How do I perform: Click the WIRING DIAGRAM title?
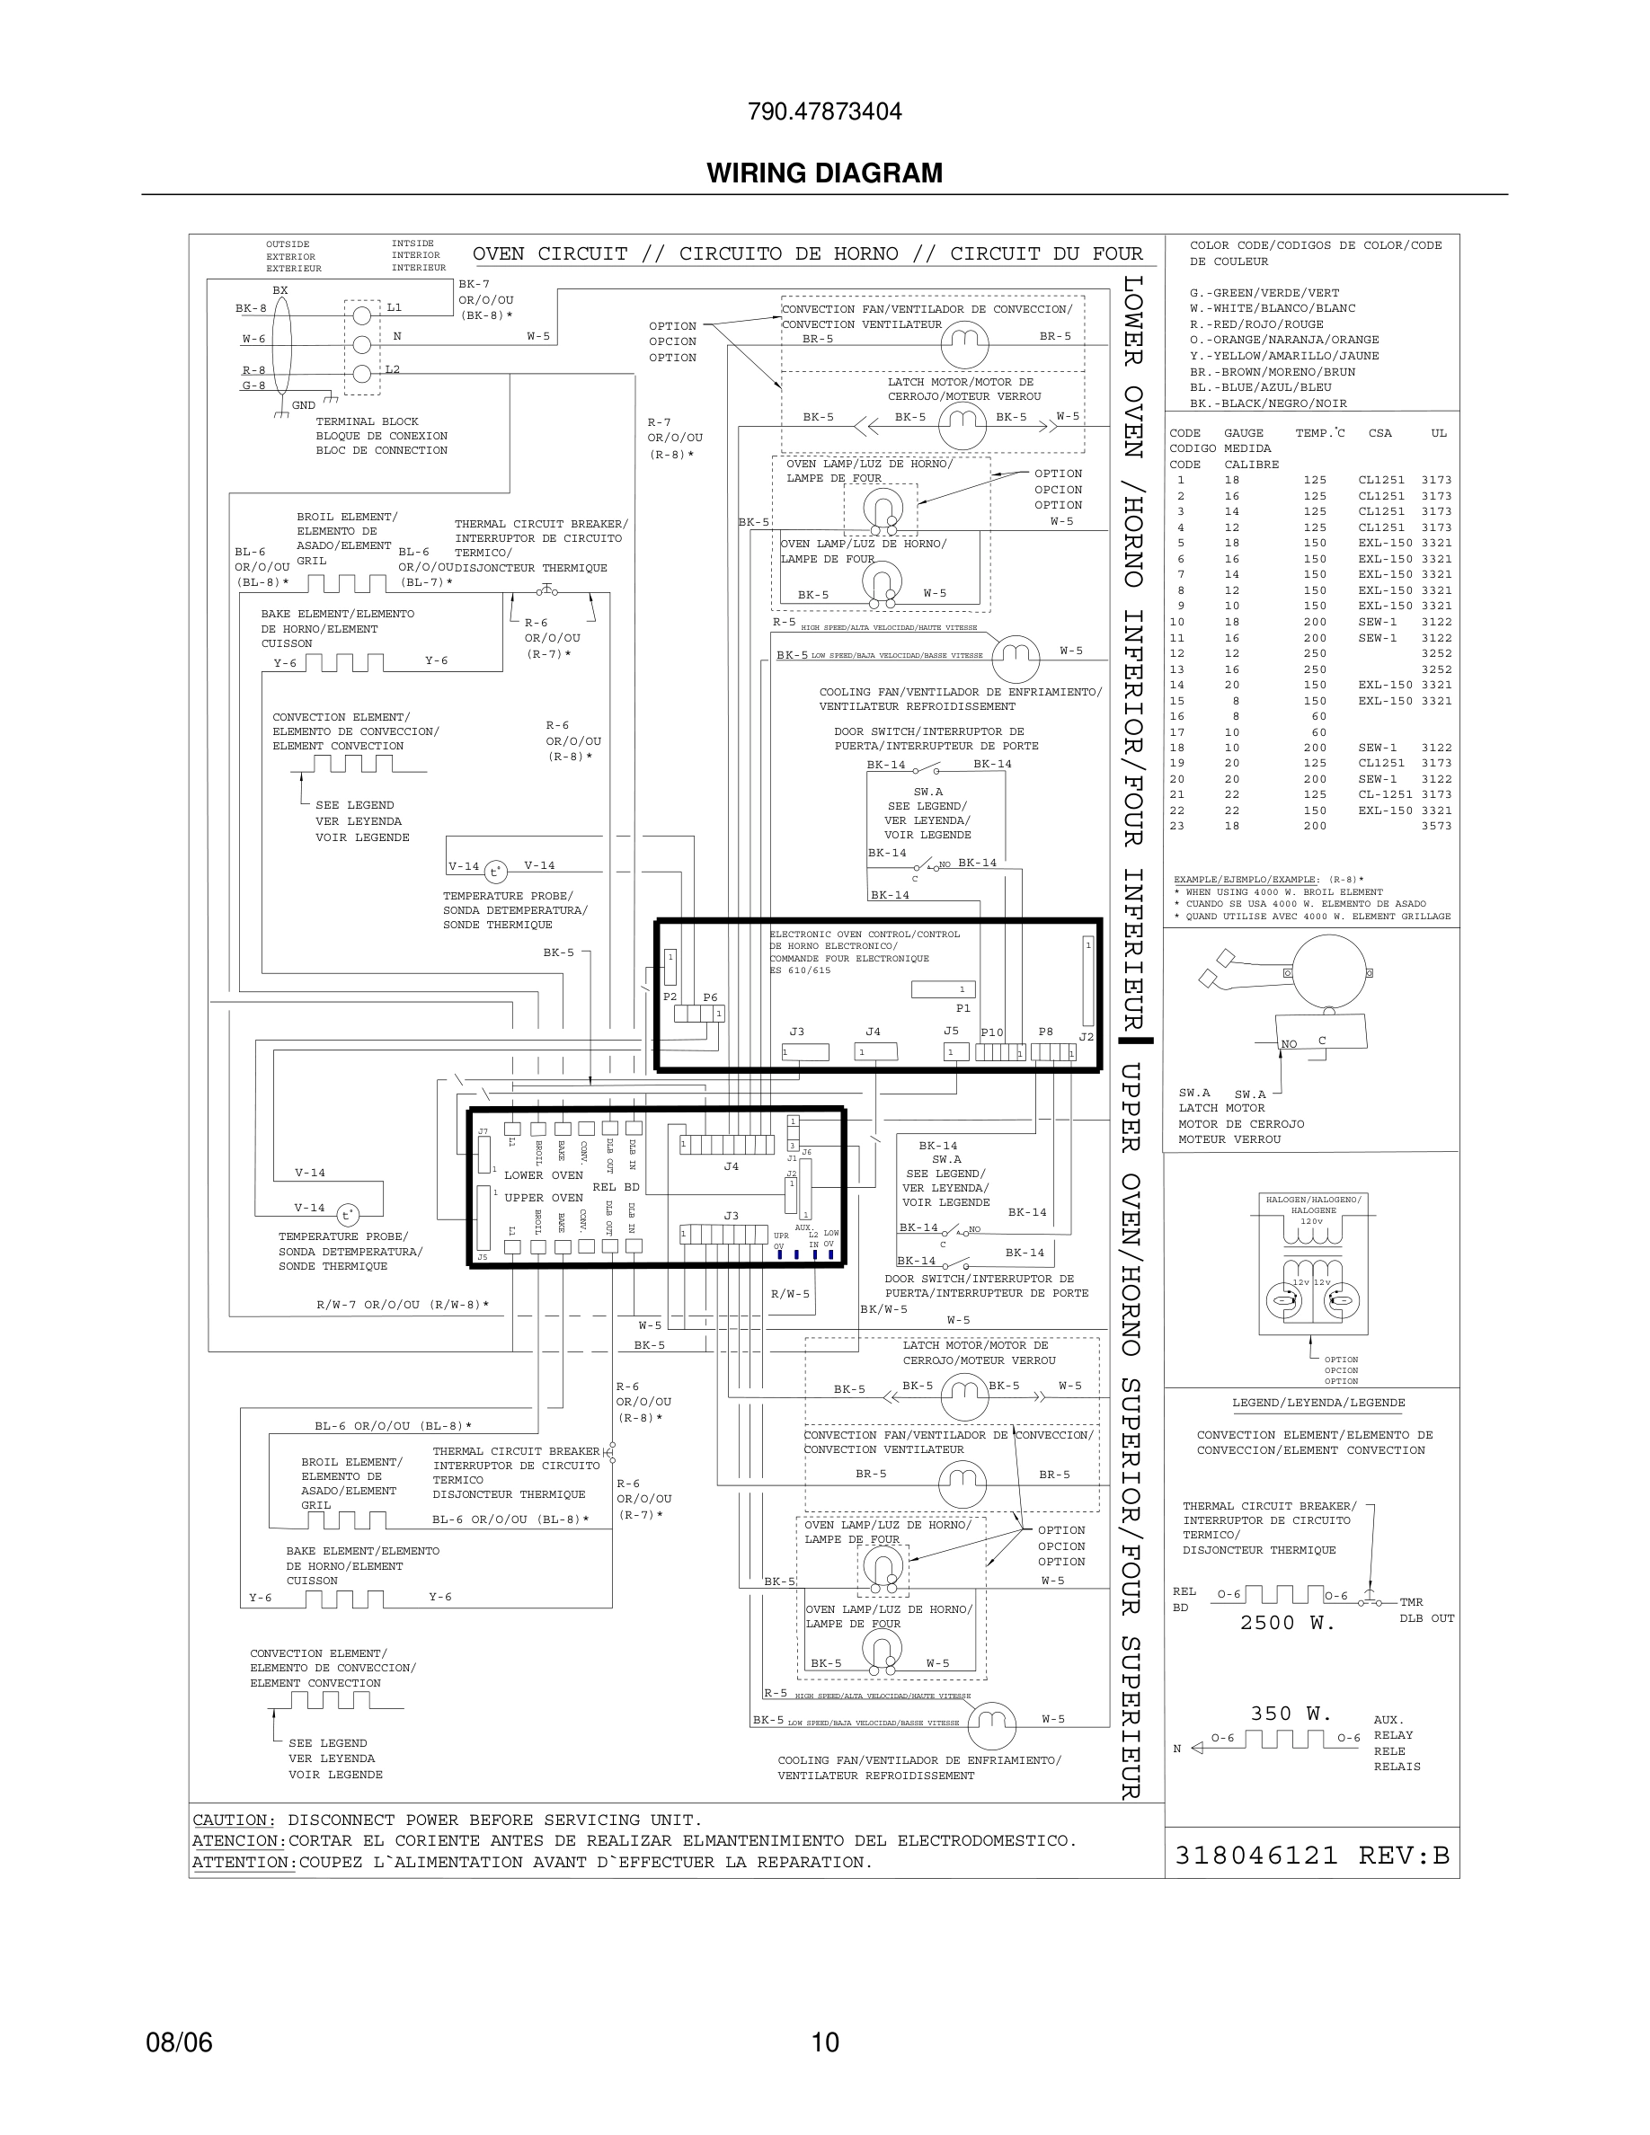click(824, 173)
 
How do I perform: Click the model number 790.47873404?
click(824, 111)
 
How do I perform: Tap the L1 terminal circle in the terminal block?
click(361, 314)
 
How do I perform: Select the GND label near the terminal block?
click(303, 404)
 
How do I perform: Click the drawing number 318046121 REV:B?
click(1312, 1855)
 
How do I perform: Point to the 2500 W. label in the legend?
click(1286, 1623)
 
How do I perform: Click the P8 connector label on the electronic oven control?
click(1045, 1032)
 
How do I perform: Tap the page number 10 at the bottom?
click(825, 2042)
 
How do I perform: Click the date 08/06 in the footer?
click(179, 2042)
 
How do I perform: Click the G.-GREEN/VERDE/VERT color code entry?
click(1264, 292)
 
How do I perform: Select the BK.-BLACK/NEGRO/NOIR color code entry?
click(1268, 403)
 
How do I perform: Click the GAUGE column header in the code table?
click(1244, 433)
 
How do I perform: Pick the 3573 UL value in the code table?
click(1436, 826)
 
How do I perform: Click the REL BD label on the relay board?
click(616, 1187)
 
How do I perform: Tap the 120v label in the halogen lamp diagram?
click(1311, 1221)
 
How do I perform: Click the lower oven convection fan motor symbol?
click(963, 343)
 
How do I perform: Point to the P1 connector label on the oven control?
click(962, 1008)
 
